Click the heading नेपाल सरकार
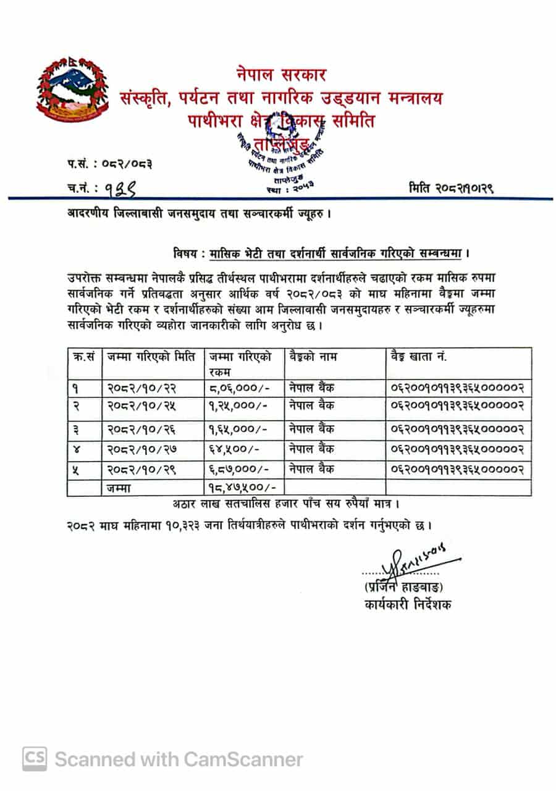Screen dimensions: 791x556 point(281,75)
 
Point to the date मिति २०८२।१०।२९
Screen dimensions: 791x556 point(450,187)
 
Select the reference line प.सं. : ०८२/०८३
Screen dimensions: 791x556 point(110,164)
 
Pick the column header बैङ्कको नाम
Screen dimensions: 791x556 point(313,357)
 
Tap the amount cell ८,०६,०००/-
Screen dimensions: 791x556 point(237,389)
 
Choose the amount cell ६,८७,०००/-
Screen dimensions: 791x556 point(237,470)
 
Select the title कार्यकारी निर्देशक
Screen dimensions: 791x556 point(408,604)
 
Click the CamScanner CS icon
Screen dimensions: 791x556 point(35,759)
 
